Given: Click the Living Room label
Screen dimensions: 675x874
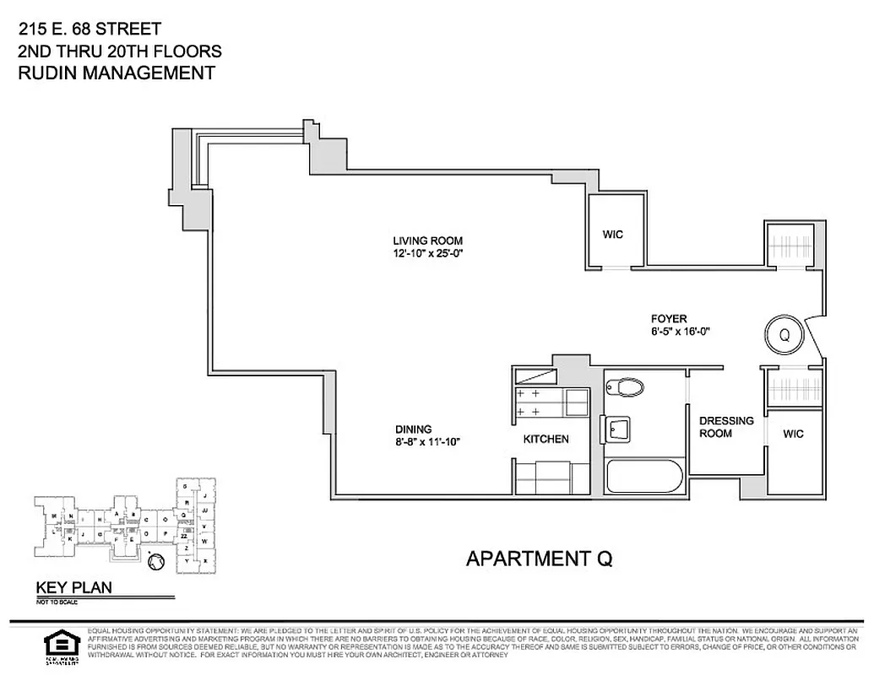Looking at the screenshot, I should click(x=428, y=240).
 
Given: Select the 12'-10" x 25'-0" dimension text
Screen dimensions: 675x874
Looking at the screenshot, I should click(x=428, y=253).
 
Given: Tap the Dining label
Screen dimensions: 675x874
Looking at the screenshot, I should click(x=413, y=429).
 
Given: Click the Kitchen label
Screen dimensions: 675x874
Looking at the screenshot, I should click(x=546, y=440).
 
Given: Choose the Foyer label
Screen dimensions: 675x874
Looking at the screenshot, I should click(x=667, y=319).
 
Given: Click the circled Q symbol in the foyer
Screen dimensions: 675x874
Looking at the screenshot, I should click(x=783, y=334).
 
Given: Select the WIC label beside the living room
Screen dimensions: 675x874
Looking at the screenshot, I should click(x=612, y=235).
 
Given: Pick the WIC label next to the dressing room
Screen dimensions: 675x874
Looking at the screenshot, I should click(x=792, y=434).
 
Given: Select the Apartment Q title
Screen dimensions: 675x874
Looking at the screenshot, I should click(x=540, y=559).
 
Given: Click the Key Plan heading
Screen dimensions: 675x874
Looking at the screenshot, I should click(x=73, y=589).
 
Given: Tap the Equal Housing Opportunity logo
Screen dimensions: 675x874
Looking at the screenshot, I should click(x=60, y=645).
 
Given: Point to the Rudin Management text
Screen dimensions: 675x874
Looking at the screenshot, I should click(x=116, y=73).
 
